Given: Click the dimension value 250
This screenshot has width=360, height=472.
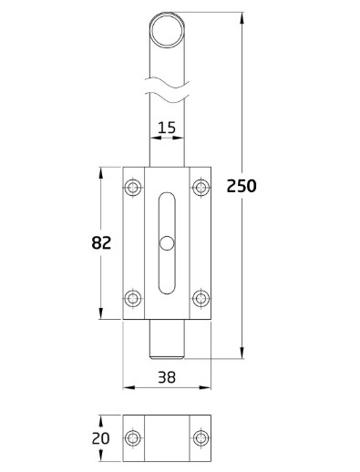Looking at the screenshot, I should click(242, 186).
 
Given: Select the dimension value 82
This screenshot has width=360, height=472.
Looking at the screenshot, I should click(101, 242).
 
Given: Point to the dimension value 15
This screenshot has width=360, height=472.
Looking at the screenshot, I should click(166, 128).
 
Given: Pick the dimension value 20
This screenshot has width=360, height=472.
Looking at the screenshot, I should click(101, 438).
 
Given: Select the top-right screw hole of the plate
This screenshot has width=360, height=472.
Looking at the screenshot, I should click(201, 188).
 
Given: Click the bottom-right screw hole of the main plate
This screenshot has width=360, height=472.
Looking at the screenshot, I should click(201, 298).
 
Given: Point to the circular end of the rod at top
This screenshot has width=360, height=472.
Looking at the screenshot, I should click(168, 28).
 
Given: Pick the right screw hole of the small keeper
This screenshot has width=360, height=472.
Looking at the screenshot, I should click(201, 438).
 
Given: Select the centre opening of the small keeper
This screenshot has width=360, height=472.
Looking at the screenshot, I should click(168, 438).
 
